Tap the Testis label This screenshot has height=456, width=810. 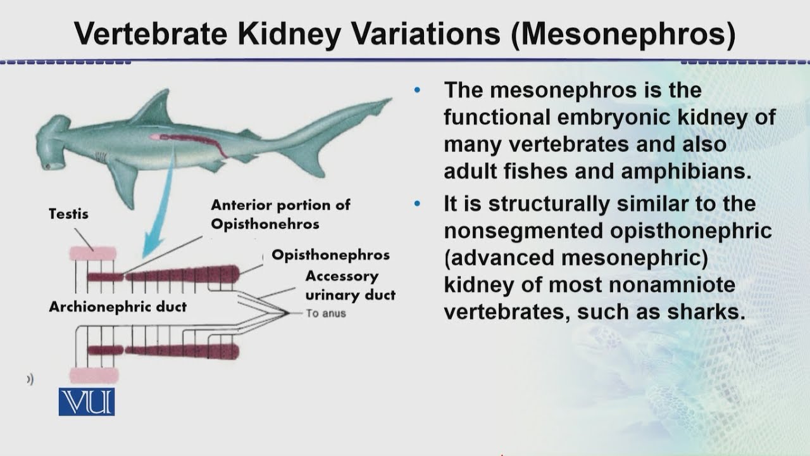click(68, 214)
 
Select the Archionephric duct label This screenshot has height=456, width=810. click(118, 307)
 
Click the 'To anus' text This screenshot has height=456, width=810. click(326, 313)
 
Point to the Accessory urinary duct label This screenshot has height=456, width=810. click(350, 286)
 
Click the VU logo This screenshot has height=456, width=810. click(87, 402)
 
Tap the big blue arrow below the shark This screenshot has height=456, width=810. click(155, 215)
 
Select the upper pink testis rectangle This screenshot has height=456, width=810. click(93, 253)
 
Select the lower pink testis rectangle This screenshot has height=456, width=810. click(93, 375)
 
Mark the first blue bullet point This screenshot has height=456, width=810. click(416, 89)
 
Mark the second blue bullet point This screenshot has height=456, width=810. click(416, 204)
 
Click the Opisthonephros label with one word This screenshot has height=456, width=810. click(330, 255)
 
